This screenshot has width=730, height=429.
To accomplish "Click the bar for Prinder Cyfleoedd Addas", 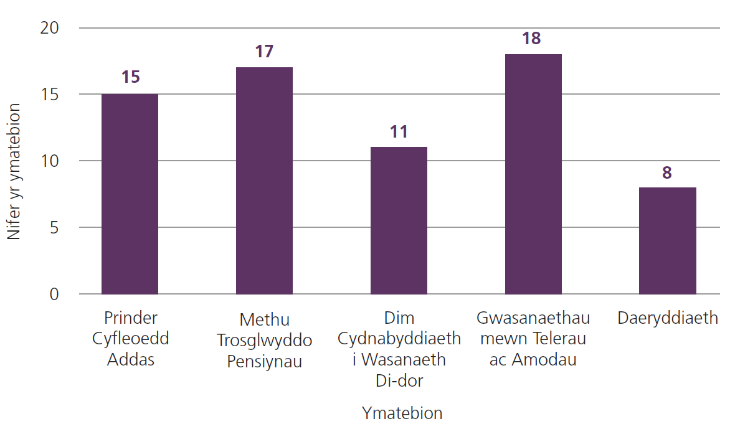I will (x=130, y=194).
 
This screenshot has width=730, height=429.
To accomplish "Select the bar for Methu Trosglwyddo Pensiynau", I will (x=264, y=181).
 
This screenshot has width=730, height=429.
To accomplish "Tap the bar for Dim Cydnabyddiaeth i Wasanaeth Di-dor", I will (x=399, y=220).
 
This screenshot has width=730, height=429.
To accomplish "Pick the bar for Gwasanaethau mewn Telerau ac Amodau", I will (x=533, y=174).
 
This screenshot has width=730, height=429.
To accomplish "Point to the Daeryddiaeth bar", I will (x=667, y=240).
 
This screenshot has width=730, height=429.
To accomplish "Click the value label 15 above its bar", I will (x=130, y=77).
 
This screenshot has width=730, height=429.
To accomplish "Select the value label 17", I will (x=264, y=51).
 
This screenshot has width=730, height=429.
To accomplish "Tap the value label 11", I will (x=399, y=131).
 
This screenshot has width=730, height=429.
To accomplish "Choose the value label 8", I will (x=667, y=172).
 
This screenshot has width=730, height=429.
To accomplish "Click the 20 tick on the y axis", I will (x=50, y=28).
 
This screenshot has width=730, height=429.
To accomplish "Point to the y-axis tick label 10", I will (x=50, y=161).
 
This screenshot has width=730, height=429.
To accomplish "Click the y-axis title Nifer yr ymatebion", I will (x=14, y=171).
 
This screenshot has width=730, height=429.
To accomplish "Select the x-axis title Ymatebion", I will (x=402, y=413).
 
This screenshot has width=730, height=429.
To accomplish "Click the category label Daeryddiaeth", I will (x=668, y=318).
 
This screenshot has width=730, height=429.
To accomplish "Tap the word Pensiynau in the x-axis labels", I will (x=264, y=361).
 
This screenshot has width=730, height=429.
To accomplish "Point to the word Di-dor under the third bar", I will (x=399, y=380).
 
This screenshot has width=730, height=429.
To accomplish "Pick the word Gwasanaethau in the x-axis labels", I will (x=533, y=318).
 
